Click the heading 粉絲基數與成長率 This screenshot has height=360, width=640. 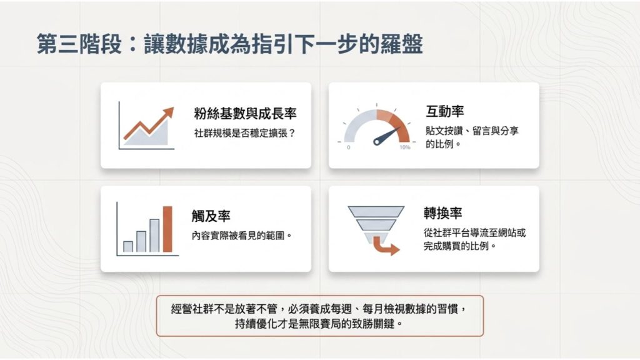[245, 114]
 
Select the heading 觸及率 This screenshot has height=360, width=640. [211, 217]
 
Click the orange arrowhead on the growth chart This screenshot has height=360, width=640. [167, 113]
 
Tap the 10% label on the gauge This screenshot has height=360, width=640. [405, 147]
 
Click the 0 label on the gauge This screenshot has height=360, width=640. [348, 147]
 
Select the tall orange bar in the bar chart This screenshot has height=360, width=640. [167, 229]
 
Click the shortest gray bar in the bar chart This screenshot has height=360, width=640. [128, 246]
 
